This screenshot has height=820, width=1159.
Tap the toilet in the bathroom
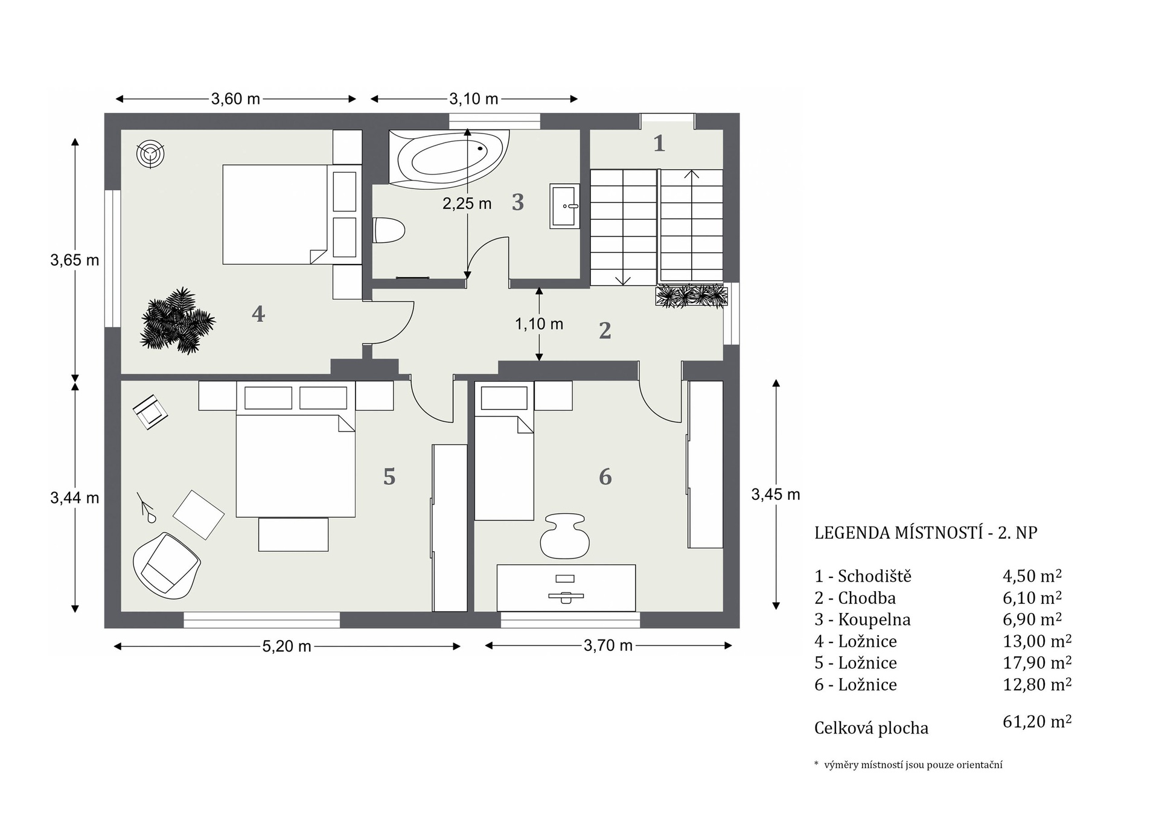click(388, 230)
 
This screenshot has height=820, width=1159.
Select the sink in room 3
click(564, 207)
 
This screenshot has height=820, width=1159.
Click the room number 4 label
click(258, 314)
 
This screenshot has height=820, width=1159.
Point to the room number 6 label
click(605, 476)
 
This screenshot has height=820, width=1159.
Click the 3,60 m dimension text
click(235, 99)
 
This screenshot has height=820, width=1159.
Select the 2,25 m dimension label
click(467, 203)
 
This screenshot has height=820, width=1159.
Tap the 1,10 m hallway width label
click(539, 324)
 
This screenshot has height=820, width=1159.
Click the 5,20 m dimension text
click(287, 647)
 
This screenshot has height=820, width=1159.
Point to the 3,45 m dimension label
click(776, 495)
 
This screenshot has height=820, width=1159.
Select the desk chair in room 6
click(564, 536)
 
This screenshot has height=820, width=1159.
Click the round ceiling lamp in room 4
click(150, 154)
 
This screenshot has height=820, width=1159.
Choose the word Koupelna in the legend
click(875, 620)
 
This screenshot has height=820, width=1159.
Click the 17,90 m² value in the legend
click(1037, 662)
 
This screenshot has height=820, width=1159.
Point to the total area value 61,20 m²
click(1037, 722)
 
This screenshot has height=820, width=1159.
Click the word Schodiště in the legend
click(875, 576)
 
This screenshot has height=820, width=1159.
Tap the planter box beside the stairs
click(692, 296)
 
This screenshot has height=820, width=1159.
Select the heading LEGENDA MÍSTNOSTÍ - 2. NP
click(926, 533)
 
